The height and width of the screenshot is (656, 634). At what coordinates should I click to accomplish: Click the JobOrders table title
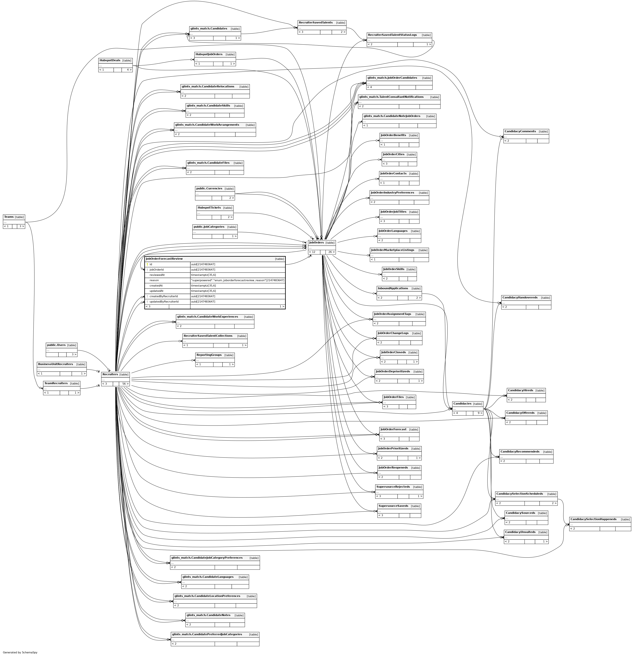[316, 243]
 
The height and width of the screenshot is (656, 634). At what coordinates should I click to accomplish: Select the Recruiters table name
[110, 375]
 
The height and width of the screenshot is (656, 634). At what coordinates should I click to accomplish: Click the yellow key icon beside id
[147, 264]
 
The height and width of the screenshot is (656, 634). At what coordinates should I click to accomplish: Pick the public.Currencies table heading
[209, 188]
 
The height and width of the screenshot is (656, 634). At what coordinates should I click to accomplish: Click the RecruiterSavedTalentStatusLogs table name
[392, 35]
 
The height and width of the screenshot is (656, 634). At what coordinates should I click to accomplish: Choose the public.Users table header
[56, 345]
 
